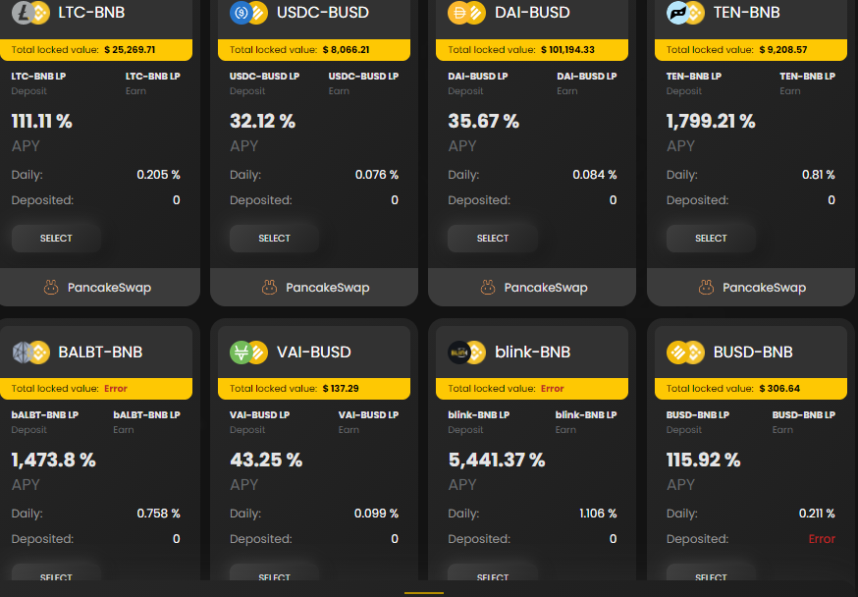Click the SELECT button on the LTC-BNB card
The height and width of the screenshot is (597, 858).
56,238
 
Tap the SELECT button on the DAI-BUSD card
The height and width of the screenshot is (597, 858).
493,238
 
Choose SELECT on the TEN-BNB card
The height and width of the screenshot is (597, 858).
711,238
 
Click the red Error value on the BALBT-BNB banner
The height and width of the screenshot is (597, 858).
116,389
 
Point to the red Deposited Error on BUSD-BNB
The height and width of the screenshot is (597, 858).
822,539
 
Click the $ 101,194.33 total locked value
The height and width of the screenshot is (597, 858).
567,50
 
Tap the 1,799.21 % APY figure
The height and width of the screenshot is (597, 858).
711,121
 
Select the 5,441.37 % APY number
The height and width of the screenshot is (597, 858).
497,460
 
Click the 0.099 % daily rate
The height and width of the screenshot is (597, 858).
376,514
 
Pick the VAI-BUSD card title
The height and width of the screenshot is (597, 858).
313,352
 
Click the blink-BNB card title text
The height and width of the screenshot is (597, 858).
532,352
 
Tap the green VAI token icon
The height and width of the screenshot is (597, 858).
241,353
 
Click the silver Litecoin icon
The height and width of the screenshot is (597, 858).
23,13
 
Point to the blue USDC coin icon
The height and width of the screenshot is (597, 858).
241,13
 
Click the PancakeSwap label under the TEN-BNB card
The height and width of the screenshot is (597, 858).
764,288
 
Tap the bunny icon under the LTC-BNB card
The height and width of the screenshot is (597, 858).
51,288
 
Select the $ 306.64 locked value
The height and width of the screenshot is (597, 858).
779,389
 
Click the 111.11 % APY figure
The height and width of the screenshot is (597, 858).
41,121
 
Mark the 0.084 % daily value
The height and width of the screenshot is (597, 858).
594,175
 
